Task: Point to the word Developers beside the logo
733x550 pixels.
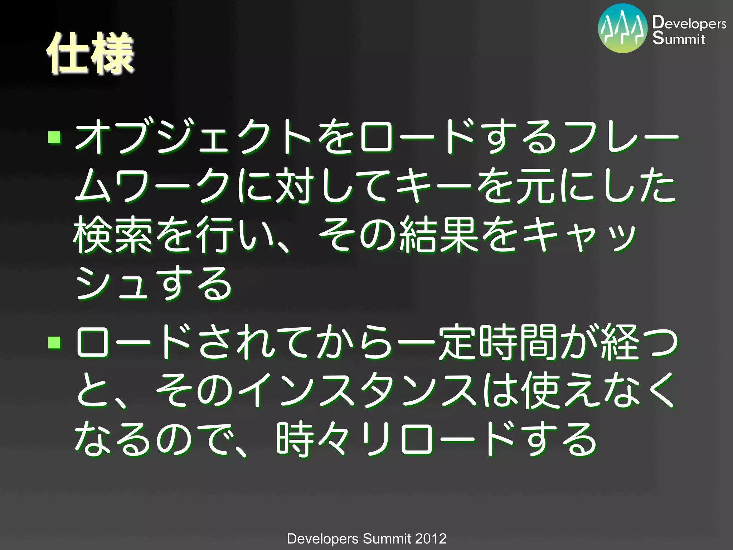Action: (689, 23)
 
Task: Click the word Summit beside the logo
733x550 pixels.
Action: (679, 38)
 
